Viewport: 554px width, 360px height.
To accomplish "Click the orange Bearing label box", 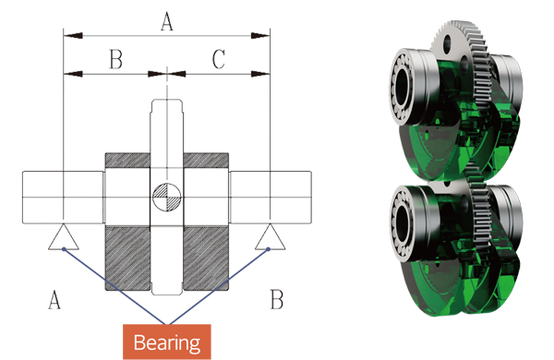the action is (x=167, y=342).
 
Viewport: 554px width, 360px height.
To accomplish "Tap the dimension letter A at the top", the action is (x=167, y=21).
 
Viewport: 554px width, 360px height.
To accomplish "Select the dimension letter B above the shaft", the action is (x=116, y=59).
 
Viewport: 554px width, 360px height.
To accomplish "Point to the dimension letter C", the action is (x=219, y=59).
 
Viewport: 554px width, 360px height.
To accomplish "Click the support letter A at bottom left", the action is (x=54, y=300).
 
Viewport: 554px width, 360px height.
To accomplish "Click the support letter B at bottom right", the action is (x=277, y=299).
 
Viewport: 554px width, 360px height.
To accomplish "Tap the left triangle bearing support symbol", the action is (x=64, y=236).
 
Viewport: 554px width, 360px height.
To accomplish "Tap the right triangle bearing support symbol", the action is (x=271, y=236).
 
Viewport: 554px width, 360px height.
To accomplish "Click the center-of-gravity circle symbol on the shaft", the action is (x=167, y=198).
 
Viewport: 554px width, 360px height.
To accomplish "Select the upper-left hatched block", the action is (x=127, y=161).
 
